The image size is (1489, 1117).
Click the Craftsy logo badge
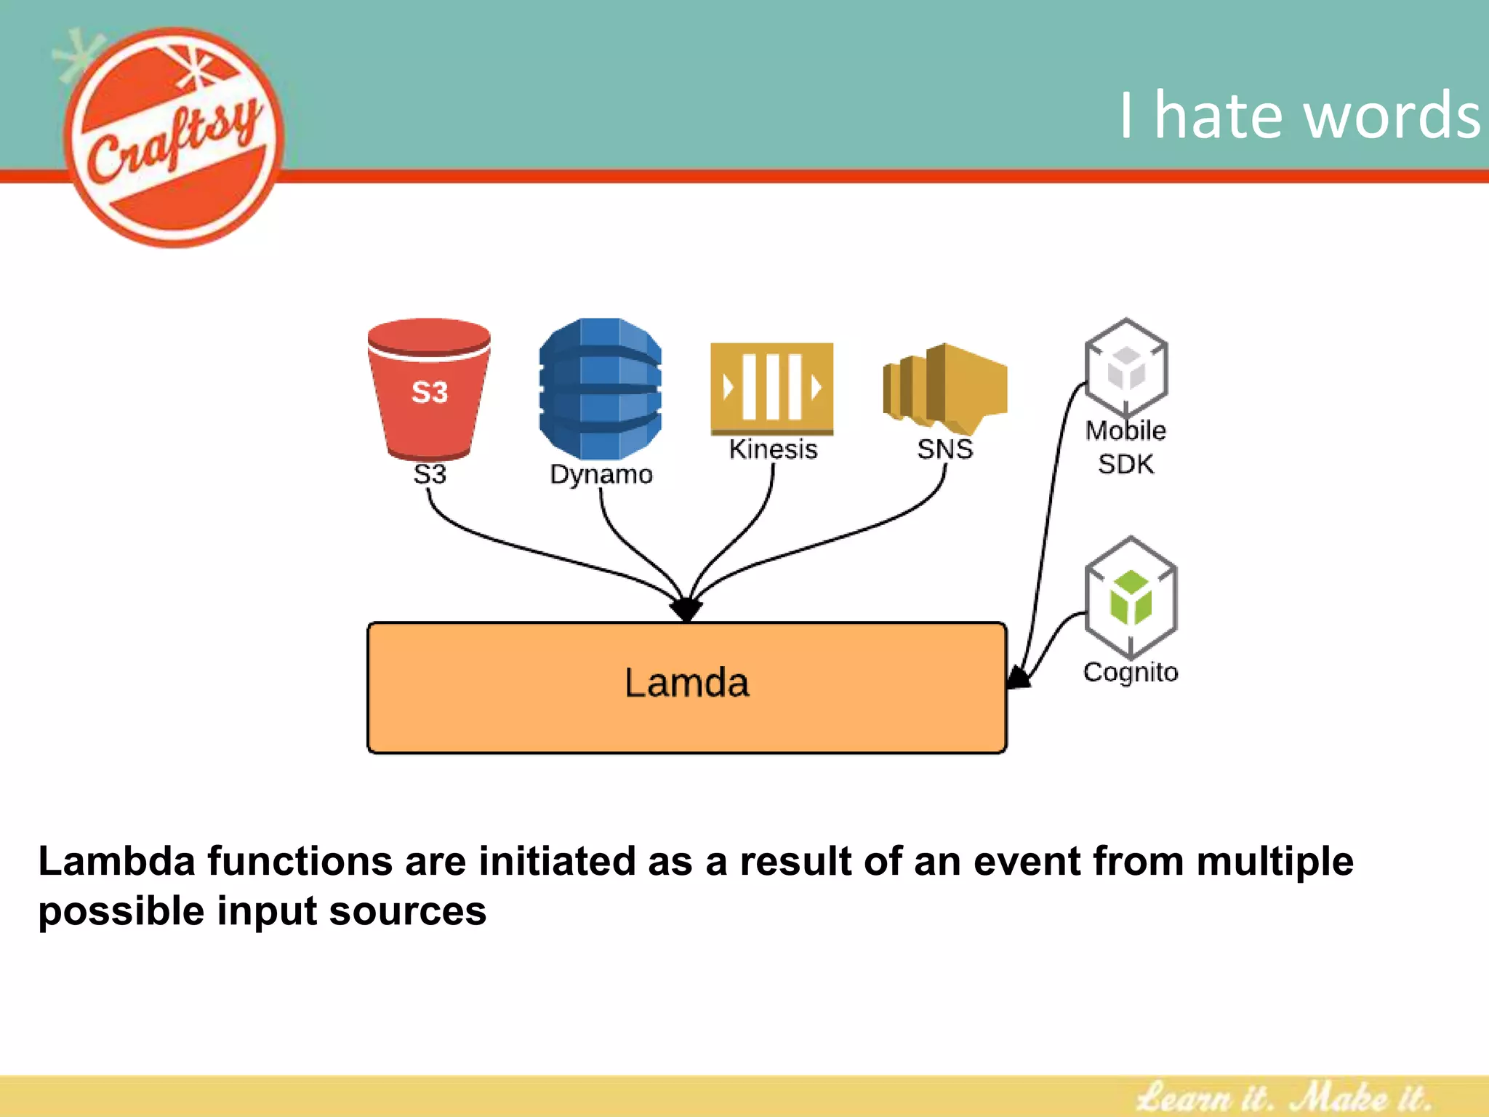[174, 138]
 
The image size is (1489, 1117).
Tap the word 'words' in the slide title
[1392, 116]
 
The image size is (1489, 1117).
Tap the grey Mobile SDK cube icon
[1126, 367]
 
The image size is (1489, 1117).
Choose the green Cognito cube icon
[1131, 596]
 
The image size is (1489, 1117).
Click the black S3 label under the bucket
[430, 474]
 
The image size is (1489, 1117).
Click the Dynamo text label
[601, 474]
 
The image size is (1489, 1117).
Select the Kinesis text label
[773, 449]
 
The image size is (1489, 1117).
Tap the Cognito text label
[1131, 673]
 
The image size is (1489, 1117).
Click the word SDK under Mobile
[1125, 464]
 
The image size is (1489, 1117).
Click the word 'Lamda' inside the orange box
[686, 684]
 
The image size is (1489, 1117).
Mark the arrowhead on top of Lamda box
[686, 609]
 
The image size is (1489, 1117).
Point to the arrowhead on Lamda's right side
[1018, 678]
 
